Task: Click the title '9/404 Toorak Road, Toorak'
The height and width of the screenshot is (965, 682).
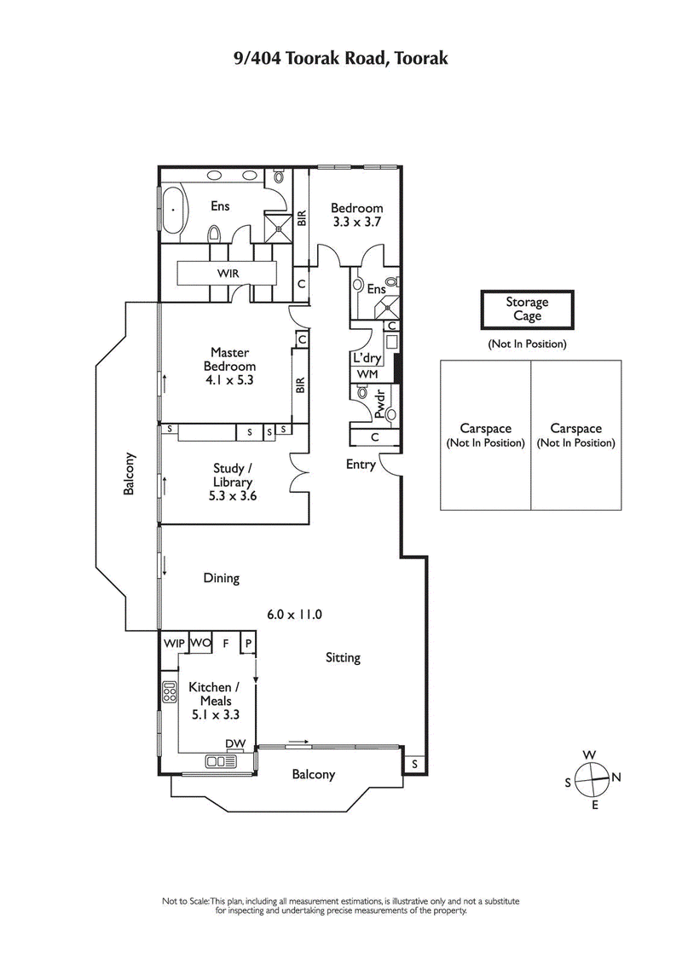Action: tap(341, 58)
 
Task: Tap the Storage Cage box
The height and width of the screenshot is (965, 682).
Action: tap(527, 309)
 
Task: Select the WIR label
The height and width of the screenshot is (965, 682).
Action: tap(228, 274)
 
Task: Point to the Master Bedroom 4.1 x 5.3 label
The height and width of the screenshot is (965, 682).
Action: tap(228, 366)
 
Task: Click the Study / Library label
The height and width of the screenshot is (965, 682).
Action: tap(232, 481)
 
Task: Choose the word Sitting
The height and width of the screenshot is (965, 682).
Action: tap(343, 657)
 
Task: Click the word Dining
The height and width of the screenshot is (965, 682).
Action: tap(221, 578)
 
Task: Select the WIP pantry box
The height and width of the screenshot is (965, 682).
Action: tap(173, 643)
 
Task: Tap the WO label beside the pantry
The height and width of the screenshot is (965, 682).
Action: tap(199, 643)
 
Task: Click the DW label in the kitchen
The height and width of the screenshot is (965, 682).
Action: tap(236, 744)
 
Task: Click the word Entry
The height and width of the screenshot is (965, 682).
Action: tap(361, 465)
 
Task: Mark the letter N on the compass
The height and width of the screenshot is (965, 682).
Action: tap(616, 777)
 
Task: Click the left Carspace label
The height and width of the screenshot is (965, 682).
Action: tap(484, 436)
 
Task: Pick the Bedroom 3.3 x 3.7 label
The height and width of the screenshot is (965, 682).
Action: tap(356, 214)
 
